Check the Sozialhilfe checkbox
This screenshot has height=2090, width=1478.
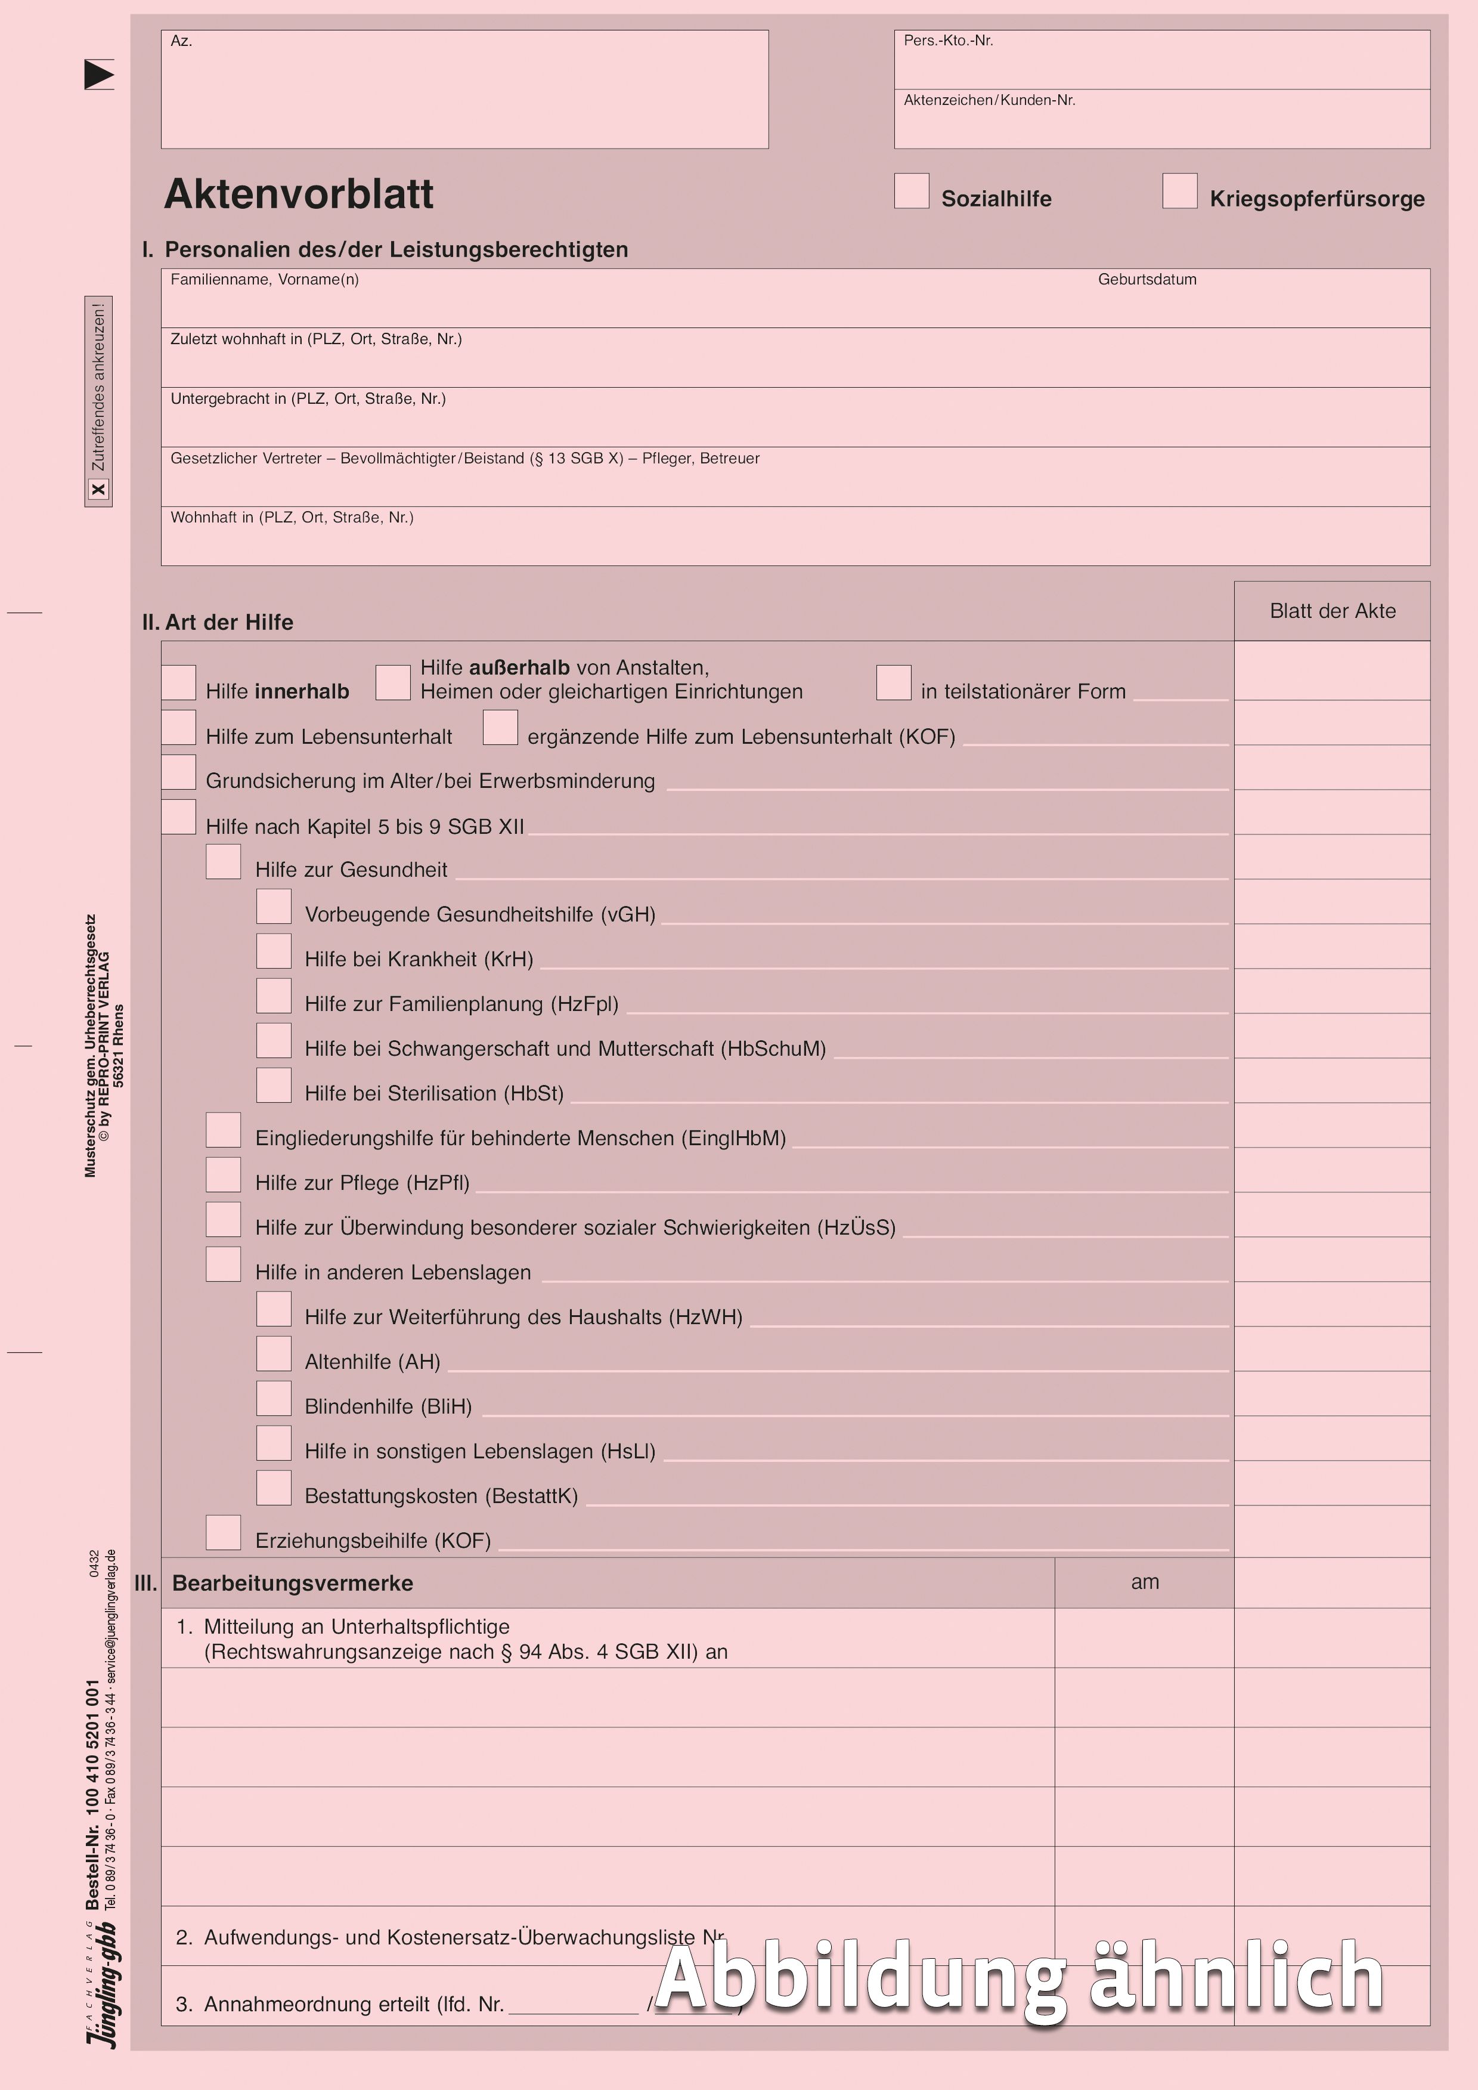911,191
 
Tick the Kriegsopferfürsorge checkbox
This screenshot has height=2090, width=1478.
1179,191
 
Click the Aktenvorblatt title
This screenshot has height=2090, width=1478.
299,194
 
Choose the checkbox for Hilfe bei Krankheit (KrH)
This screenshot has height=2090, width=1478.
274,951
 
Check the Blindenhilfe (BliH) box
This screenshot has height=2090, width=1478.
274,1398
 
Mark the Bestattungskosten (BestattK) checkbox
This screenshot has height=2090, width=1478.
274,1488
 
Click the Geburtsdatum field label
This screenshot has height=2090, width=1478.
1147,280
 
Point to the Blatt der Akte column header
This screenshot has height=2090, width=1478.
1333,611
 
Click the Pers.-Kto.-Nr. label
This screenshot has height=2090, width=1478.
947,41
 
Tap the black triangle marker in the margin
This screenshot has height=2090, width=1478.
98,75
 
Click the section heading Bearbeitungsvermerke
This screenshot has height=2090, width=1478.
292,1583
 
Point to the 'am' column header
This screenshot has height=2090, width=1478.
1145,1582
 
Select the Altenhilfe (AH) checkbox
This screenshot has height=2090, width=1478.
274,1353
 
